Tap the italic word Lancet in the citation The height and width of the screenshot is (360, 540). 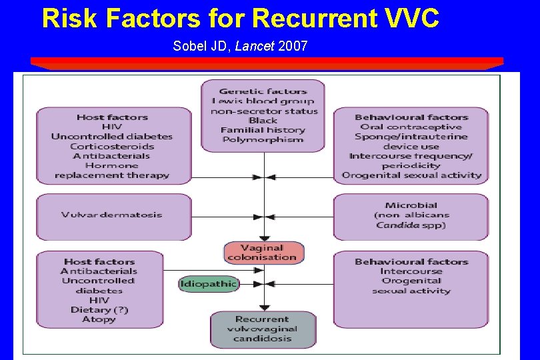254,47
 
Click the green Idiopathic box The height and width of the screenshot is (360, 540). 208,284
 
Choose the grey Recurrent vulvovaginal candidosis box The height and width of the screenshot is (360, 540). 262,329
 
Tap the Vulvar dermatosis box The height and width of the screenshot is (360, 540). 111,215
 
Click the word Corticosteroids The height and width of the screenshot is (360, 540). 111,147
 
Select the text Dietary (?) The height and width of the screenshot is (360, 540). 99,310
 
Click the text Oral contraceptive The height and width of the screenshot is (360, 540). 411,127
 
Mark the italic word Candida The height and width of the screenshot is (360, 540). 397,225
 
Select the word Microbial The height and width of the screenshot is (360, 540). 411,205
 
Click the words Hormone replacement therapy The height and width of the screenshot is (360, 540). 111,171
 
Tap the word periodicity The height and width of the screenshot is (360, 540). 411,165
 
